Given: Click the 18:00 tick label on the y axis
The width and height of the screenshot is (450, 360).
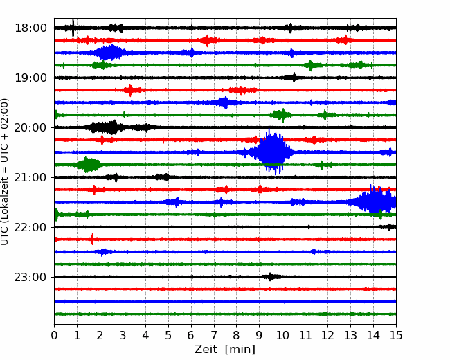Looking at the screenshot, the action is (30, 28).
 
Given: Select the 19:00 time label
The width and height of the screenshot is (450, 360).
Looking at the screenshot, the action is (30, 78).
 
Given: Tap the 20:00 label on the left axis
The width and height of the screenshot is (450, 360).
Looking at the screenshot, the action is (30, 127).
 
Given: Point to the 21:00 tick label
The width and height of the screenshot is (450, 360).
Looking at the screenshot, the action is (30, 177).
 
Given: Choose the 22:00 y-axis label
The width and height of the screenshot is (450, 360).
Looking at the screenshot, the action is (30, 227).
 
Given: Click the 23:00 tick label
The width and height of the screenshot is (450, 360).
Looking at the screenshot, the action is (30, 277).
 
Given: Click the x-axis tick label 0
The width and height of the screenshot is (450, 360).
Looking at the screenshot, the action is (54, 335).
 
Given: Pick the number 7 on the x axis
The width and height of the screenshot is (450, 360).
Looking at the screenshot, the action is (214, 335).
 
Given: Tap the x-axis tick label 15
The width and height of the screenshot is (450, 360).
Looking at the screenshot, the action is (396, 335).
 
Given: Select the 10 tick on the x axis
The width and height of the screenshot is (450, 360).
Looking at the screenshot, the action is (282, 335).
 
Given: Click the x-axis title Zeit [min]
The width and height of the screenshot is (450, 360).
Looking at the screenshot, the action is (225, 349).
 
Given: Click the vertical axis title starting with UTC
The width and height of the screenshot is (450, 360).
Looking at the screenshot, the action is (4, 172).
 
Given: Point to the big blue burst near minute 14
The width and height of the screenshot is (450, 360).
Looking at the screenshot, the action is (373, 201).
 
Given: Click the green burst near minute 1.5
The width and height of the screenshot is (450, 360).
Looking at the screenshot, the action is (87, 165).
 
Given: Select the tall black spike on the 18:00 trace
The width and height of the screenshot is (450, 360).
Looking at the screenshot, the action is (73, 28).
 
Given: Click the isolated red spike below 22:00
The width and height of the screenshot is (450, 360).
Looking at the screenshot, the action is (92, 239).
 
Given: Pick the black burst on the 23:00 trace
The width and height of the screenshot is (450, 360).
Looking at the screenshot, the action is (271, 277).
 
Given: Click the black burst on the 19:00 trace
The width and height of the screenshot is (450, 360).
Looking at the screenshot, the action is (291, 78).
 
